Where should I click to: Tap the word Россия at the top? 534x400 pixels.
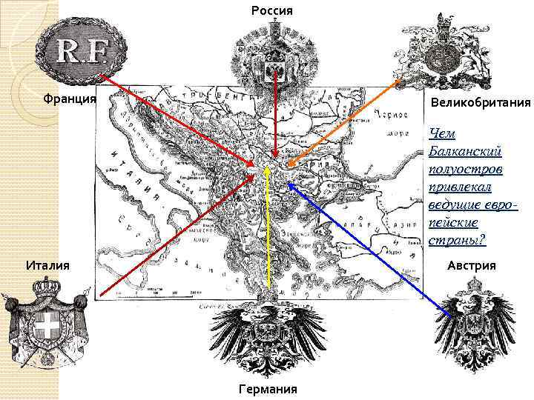coord(272,11)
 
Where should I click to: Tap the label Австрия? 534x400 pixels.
coord(472,265)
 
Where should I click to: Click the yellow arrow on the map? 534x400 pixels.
coord(268,237)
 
